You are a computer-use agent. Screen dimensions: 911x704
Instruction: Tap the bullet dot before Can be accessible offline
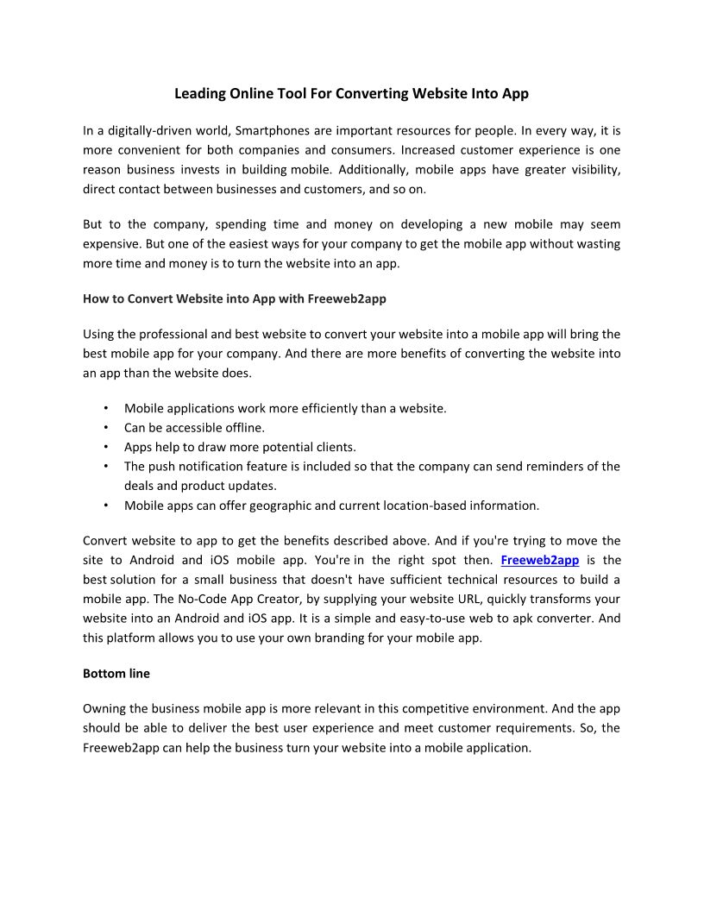tap(104, 427)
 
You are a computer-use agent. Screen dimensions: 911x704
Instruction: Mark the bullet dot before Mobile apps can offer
tap(104, 506)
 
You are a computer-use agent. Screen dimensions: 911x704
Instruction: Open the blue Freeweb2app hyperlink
tap(539, 560)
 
